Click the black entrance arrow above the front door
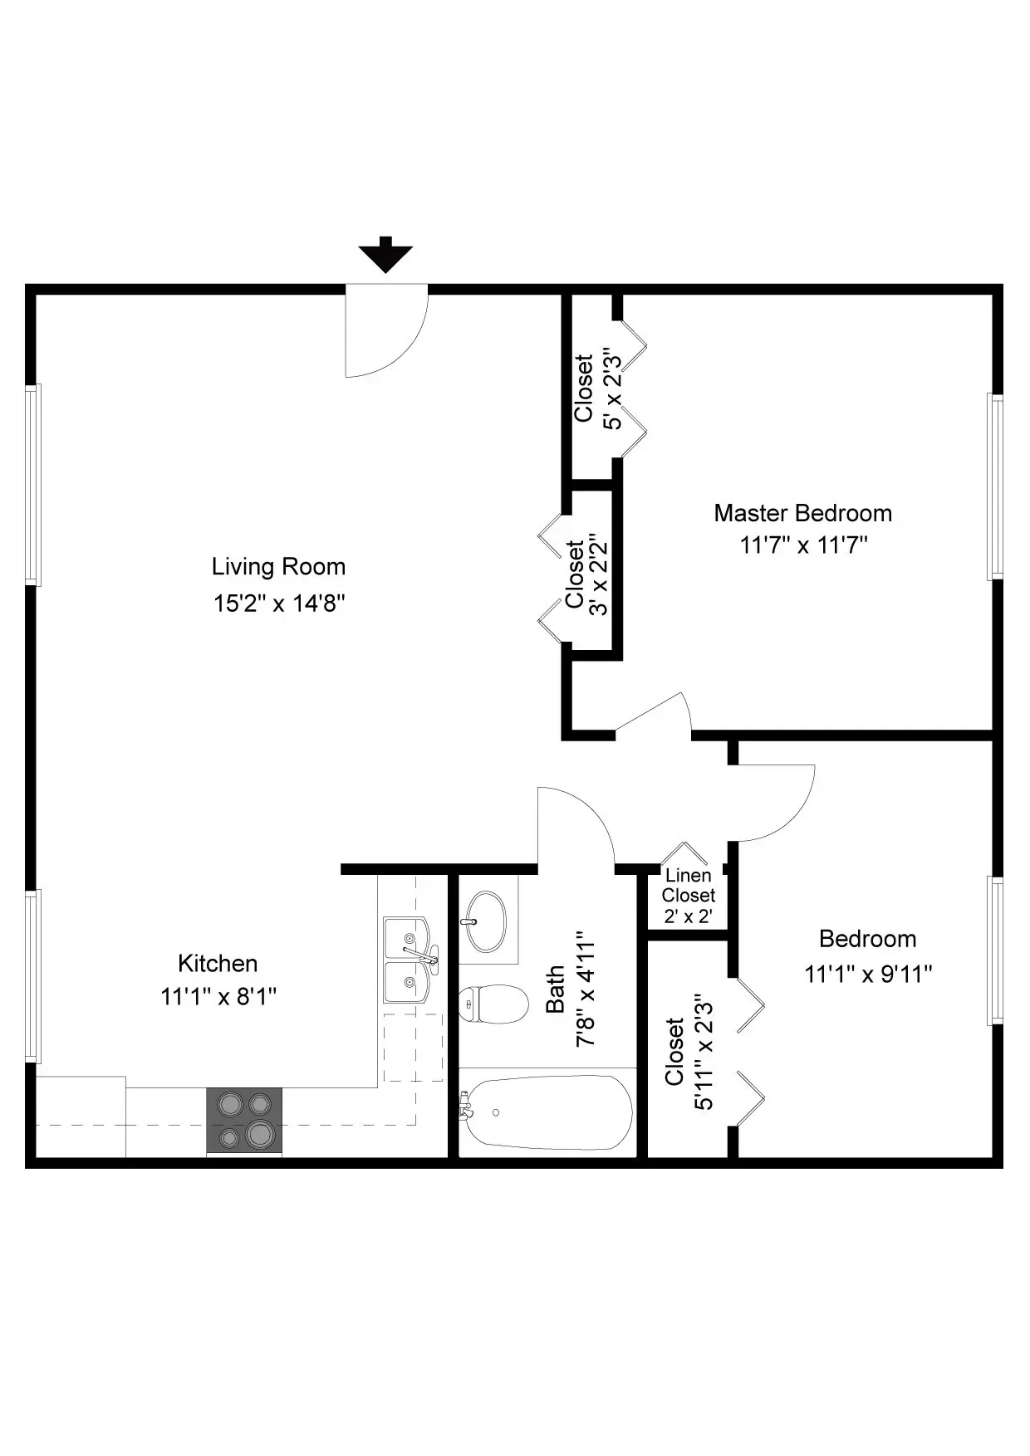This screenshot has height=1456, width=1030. (385, 256)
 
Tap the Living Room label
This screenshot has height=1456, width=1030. (278, 567)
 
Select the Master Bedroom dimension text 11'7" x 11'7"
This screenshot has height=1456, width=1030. (803, 545)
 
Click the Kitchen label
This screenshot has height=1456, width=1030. (218, 964)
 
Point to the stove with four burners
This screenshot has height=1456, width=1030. (244, 1120)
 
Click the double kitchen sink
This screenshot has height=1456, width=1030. (409, 960)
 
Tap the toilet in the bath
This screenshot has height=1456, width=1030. (494, 1004)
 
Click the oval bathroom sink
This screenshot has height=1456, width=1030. (485, 921)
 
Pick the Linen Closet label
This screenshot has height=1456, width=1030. (688, 886)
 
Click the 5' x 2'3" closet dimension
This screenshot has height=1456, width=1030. (613, 388)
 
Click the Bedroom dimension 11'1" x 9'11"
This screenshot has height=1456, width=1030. (868, 974)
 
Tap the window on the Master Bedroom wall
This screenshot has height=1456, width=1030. (994, 486)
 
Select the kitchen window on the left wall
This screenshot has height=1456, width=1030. (33, 975)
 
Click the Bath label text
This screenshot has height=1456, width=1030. (555, 989)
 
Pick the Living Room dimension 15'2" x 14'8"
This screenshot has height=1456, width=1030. (278, 603)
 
